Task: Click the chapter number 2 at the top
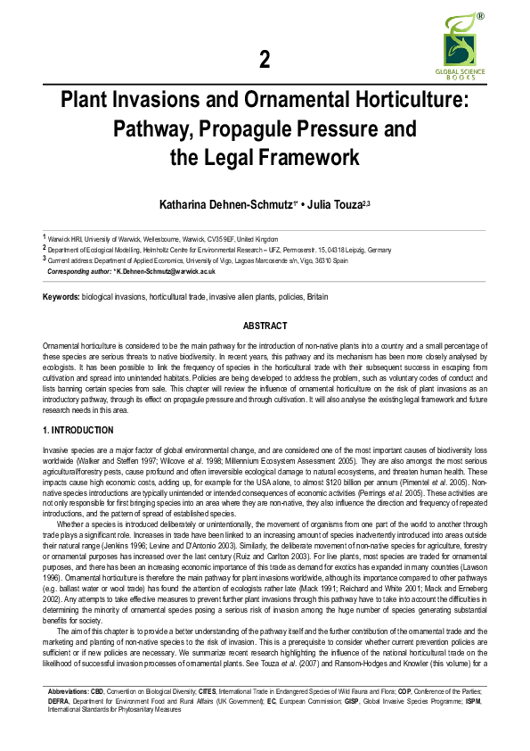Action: (x=264, y=59)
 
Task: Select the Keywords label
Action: (x=61, y=295)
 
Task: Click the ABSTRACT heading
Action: (x=265, y=326)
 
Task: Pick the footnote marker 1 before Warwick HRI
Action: (x=45, y=236)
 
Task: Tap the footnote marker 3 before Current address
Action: (x=45, y=258)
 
